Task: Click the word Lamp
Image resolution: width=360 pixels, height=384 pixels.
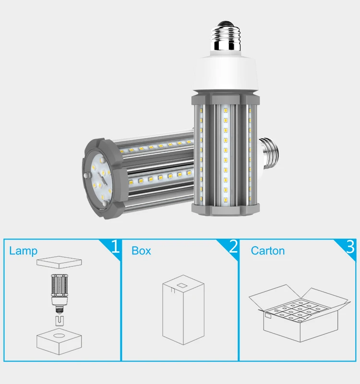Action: (23, 251)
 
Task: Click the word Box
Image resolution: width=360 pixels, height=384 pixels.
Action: (141, 251)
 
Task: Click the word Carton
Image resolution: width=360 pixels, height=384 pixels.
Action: (268, 251)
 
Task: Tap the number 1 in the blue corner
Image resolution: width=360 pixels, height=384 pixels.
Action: (115, 246)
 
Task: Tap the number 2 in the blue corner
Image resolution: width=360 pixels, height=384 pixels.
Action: (233, 246)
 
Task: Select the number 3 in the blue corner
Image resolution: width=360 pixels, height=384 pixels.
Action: (350, 246)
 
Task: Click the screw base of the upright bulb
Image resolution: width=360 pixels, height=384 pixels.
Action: (226, 36)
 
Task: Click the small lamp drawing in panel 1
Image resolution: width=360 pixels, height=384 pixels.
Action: (60, 293)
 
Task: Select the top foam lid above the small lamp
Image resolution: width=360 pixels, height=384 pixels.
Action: (59, 263)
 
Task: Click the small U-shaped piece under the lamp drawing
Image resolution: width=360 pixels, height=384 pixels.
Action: (60, 321)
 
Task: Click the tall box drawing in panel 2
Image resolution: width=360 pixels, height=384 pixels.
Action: (183, 310)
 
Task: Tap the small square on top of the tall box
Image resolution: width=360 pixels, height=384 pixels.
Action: (182, 286)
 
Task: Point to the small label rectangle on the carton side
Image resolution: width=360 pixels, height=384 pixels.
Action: (268, 316)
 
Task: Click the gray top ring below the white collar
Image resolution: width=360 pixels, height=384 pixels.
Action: (225, 98)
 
